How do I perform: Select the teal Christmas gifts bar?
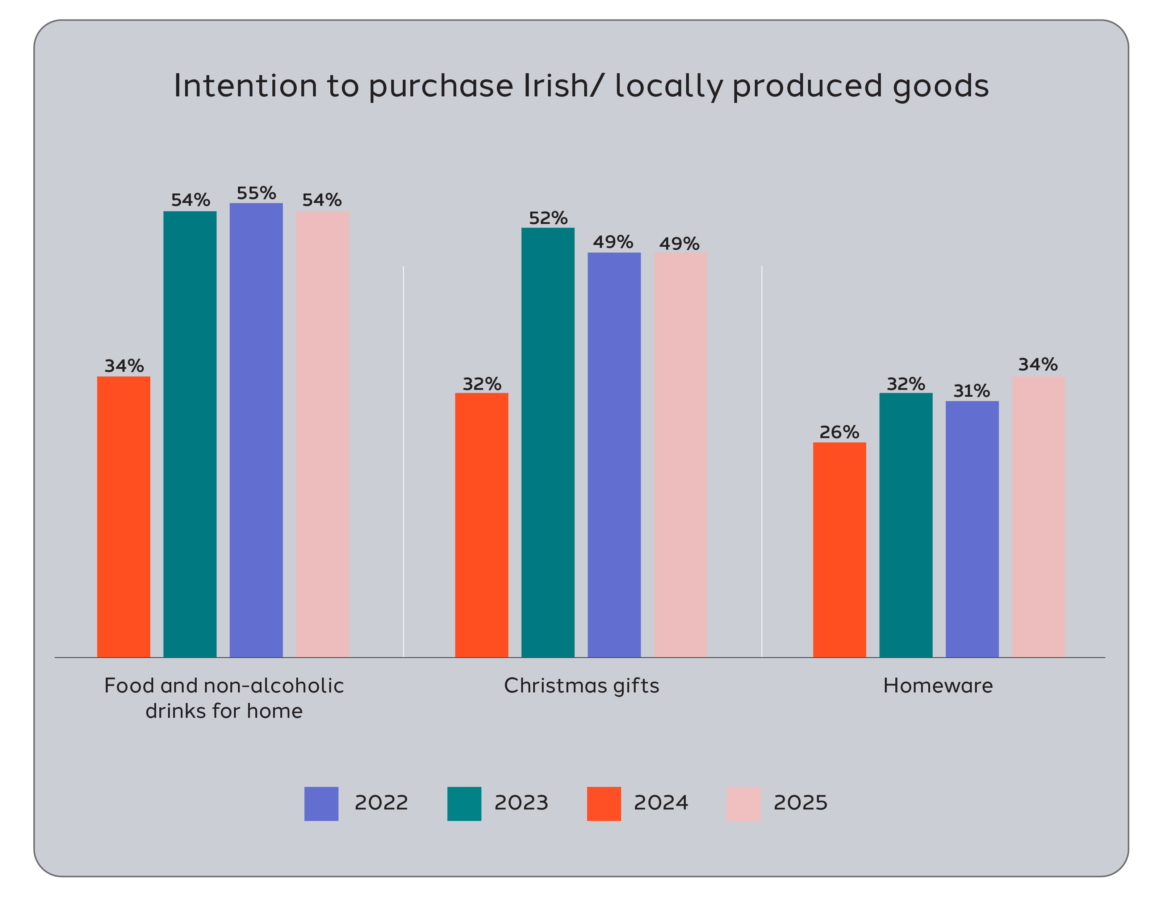pyautogui.click(x=547, y=442)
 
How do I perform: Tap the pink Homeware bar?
pyautogui.click(x=1038, y=516)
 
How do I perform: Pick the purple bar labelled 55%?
pyautogui.click(x=256, y=429)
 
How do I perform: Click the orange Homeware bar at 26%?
pyautogui.click(x=839, y=549)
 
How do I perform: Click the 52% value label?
pyautogui.click(x=548, y=218)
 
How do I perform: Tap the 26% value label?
pyautogui.click(x=839, y=432)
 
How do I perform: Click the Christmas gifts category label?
pyautogui.click(x=582, y=686)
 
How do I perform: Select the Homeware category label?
pyautogui.click(x=938, y=686)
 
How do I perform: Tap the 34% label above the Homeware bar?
pyautogui.click(x=1038, y=365)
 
